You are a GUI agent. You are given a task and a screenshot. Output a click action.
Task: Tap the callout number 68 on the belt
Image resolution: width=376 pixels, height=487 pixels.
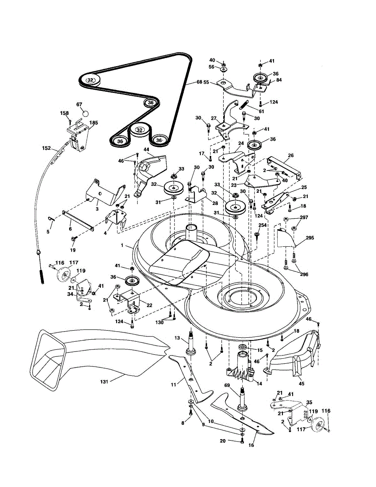pyautogui.click(x=199, y=82)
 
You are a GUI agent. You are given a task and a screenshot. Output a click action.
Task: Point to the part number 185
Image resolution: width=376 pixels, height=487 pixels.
pyautogui.click(x=94, y=123)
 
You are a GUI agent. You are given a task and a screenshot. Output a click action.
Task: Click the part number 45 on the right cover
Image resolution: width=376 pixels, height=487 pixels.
pyautogui.click(x=301, y=383)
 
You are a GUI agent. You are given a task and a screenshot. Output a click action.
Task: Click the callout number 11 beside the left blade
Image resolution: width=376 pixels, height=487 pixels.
pyautogui.click(x=174, y=384)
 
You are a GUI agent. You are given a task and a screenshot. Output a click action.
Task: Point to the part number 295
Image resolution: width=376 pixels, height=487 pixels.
pyautogui.click(x=310, y=238)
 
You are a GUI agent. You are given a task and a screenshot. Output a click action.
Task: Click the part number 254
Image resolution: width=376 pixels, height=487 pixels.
pyautogui.click(x=262, y=225)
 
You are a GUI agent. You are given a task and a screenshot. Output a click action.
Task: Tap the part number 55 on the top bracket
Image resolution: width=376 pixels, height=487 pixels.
pyautogui.click(x=206, y=82)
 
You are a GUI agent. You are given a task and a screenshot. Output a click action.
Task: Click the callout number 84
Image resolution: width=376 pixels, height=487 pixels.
pyautogui.click(x=279, y=80)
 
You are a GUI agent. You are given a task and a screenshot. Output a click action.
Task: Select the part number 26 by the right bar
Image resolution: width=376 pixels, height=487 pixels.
pyautogui.click(x=291, y=155)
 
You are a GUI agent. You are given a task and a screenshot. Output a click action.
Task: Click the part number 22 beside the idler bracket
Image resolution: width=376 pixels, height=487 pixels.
pyautogui.click(x=149, y=306)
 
